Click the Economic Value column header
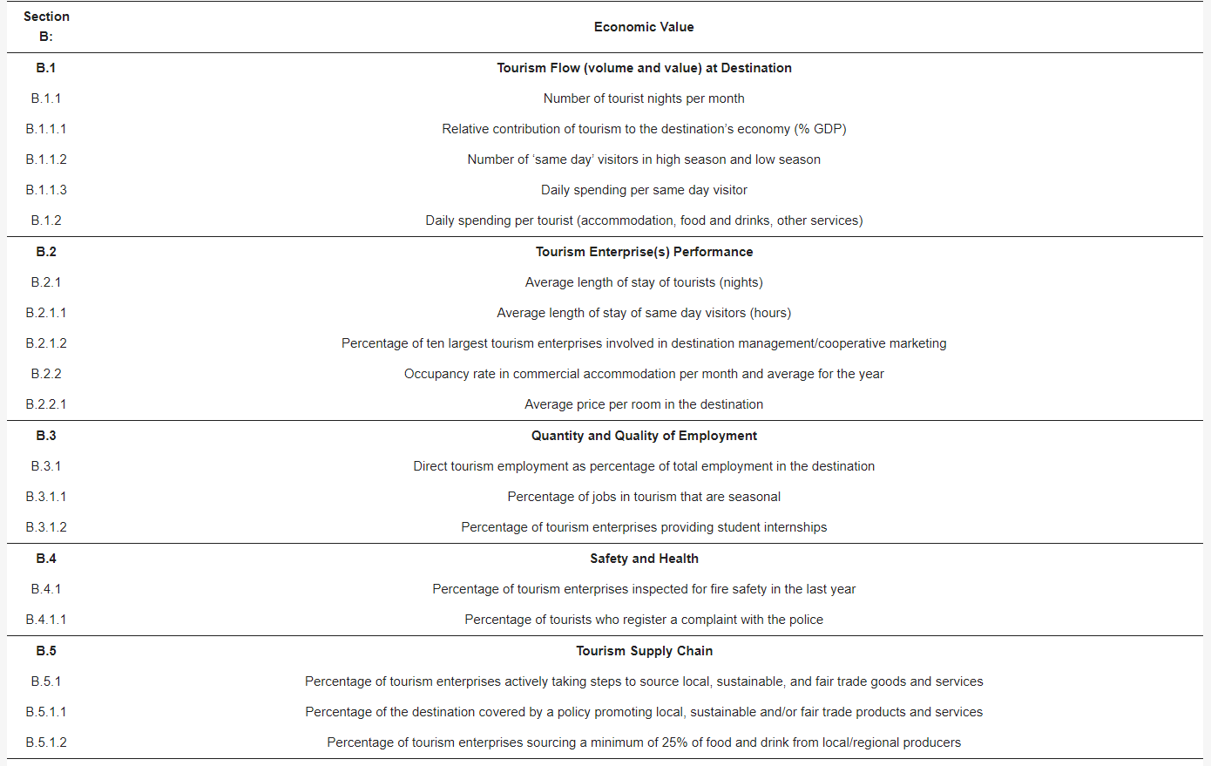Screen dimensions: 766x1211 point(644,27)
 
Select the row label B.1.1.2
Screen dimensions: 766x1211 point(46,159)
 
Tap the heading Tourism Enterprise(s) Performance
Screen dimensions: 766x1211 point(644,252)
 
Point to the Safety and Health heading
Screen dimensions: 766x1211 point(644,559)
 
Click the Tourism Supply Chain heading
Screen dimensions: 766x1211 point(644,651)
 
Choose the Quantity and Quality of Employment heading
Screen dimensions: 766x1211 point(644,436)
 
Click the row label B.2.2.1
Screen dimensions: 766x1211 point(46,404)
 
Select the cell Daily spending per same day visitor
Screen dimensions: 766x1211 point(644,190)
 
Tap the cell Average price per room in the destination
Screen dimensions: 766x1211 point(644,404)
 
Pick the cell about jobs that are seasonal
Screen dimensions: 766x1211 point(644,497)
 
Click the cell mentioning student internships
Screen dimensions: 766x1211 point(644,527)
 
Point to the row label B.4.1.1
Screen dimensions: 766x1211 point(46,620)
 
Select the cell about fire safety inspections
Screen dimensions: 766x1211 point(644,589)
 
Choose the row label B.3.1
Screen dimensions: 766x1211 point(46,466)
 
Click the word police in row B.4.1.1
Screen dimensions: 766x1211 point(806,620)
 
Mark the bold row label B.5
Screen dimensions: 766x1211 point(46,651)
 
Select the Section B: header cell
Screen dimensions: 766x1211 point(46,26)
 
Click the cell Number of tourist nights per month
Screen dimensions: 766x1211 point(644,98)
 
